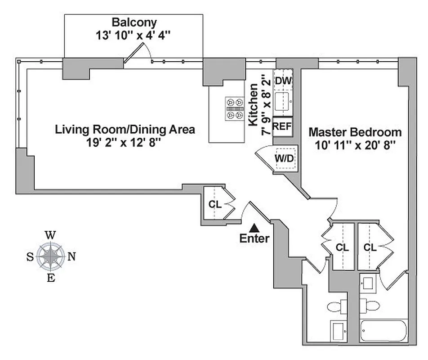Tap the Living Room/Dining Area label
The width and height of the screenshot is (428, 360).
coord(125,130)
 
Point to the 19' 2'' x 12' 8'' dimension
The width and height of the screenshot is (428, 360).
coord(125,143)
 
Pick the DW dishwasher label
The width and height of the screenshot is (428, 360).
coord(283,81)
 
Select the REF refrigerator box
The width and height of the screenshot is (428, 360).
coord(282,126)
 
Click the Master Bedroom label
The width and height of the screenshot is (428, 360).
coord(355,132)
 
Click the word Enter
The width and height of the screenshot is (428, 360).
coord(254,238)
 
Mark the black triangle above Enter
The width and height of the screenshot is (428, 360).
coord(254,228)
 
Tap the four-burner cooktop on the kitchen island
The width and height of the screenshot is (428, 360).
coord(234,109)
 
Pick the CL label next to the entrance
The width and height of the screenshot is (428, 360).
coord(214,204)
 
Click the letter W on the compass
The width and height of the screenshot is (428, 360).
coord(51,235)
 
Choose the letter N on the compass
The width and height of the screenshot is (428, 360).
coord(71,257)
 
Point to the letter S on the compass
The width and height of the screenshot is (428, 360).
coord(30,257)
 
